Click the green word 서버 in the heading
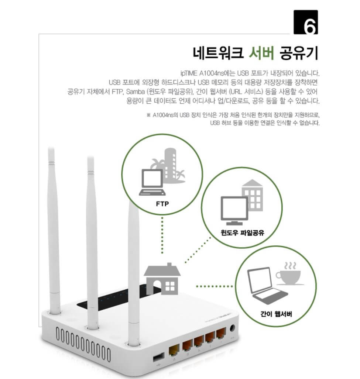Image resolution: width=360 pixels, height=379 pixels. pyautogui.click(x=261, y=53)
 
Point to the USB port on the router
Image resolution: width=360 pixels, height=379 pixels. pyautogui.click(x=158, y=357)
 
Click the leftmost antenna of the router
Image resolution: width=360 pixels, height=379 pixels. pyautogui.click(x=54, y=229)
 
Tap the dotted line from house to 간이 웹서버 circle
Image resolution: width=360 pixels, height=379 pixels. pyautogui.click(x=214, y=286)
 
